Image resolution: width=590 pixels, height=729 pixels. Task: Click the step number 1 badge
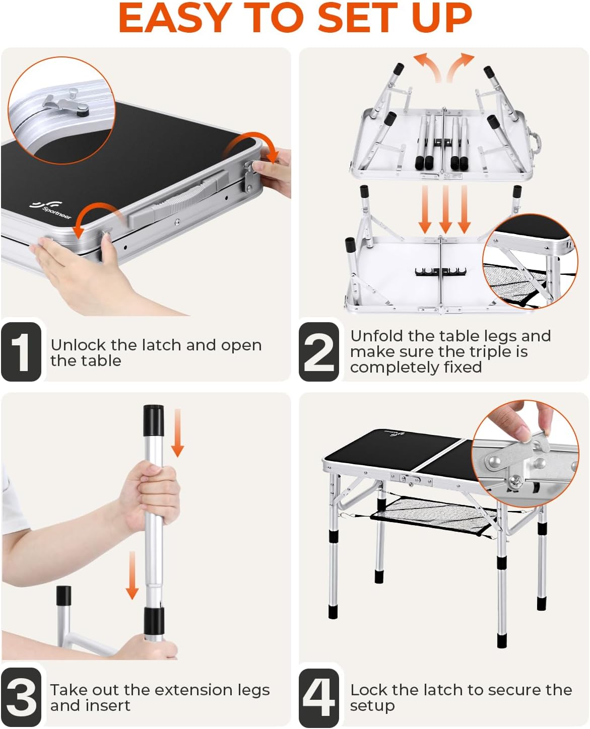21,351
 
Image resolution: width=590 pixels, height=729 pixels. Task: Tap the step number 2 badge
319,351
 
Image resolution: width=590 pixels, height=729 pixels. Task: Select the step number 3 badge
21,697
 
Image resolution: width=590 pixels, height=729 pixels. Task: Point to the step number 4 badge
319,697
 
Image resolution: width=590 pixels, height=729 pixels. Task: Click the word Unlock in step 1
78,345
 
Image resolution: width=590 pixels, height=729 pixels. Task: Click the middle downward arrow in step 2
445,209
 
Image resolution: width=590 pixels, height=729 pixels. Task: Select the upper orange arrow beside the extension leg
177,433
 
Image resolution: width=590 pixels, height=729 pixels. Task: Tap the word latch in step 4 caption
443,690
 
